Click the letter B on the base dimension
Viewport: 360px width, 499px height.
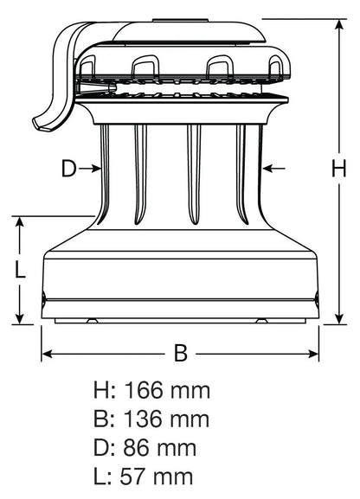tap(180, 353)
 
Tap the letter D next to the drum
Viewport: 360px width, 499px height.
tap(69, 170)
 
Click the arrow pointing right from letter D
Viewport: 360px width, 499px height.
tap(92, 170)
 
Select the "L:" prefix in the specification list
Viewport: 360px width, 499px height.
tap(104, 477)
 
